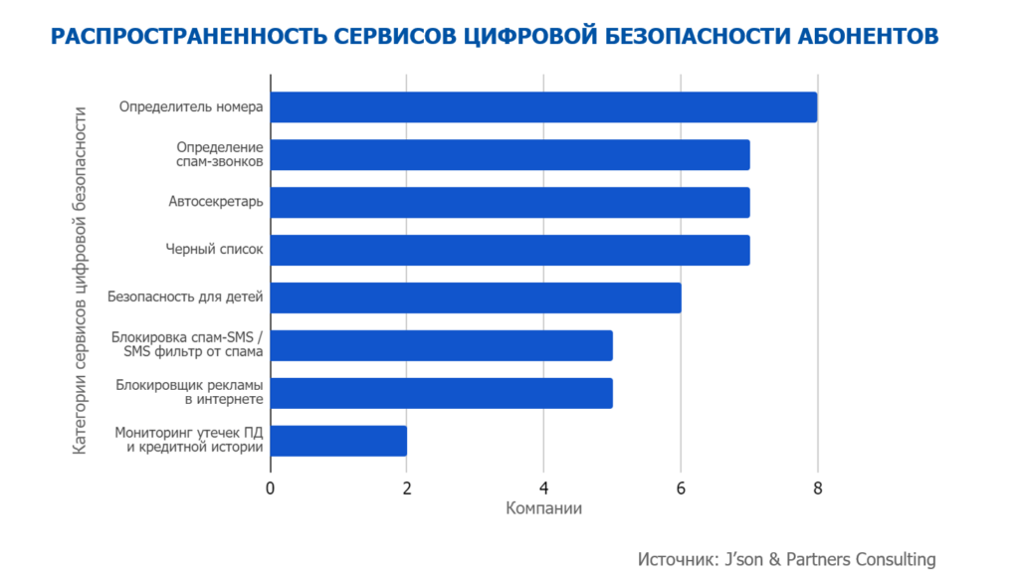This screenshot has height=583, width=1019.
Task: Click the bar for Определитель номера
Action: (x=543, y=107)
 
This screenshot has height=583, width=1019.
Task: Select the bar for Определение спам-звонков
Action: (x=509, y=155)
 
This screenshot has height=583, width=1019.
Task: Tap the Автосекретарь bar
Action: (x=509, y=203)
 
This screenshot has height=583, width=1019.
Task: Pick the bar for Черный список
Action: (x=509, y=250)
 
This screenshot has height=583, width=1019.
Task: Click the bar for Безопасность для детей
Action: (x=476, y=297)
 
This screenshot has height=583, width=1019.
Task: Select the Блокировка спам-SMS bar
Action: (x=441, y=345)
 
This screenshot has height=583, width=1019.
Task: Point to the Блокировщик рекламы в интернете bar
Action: (x=441, y=393)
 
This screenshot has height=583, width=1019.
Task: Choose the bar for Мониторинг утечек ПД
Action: (x=338, y=441)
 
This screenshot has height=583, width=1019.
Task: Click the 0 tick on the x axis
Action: (x=271, y=487)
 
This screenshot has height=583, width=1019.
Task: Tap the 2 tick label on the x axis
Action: (x=407, y=487)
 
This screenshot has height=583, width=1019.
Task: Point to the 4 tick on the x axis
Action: (x=543, y=487)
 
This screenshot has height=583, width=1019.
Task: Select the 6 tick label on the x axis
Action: (x=681, y=487)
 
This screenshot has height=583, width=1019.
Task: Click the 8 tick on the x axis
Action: (x=817, y=487)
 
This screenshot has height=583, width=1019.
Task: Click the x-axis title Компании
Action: (x=543, y=509)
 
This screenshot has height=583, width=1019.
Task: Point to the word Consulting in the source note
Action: (x=889, y=558)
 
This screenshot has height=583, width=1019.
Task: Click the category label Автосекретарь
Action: (x=216, y=203)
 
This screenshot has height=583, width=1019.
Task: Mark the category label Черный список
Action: (x=214, y=250)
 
